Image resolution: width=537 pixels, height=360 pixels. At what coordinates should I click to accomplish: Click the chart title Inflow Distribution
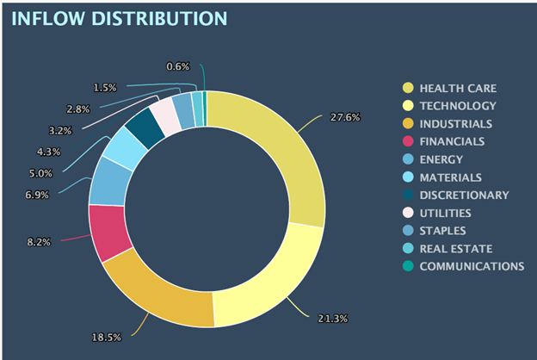[x=120, y=17]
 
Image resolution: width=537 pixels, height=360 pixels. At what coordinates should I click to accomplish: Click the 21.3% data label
[x=332, y=320]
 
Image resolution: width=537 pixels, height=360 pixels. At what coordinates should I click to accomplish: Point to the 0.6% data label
[x=178, y=66]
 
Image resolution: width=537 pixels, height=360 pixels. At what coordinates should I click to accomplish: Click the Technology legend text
[x=457, y=106]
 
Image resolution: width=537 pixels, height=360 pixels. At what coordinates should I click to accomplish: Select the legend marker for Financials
[x=407, y=141]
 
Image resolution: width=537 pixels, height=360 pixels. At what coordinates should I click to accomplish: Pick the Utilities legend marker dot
[x=407, y=213]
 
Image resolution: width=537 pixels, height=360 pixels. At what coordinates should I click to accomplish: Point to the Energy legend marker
[x=407, y=159]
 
